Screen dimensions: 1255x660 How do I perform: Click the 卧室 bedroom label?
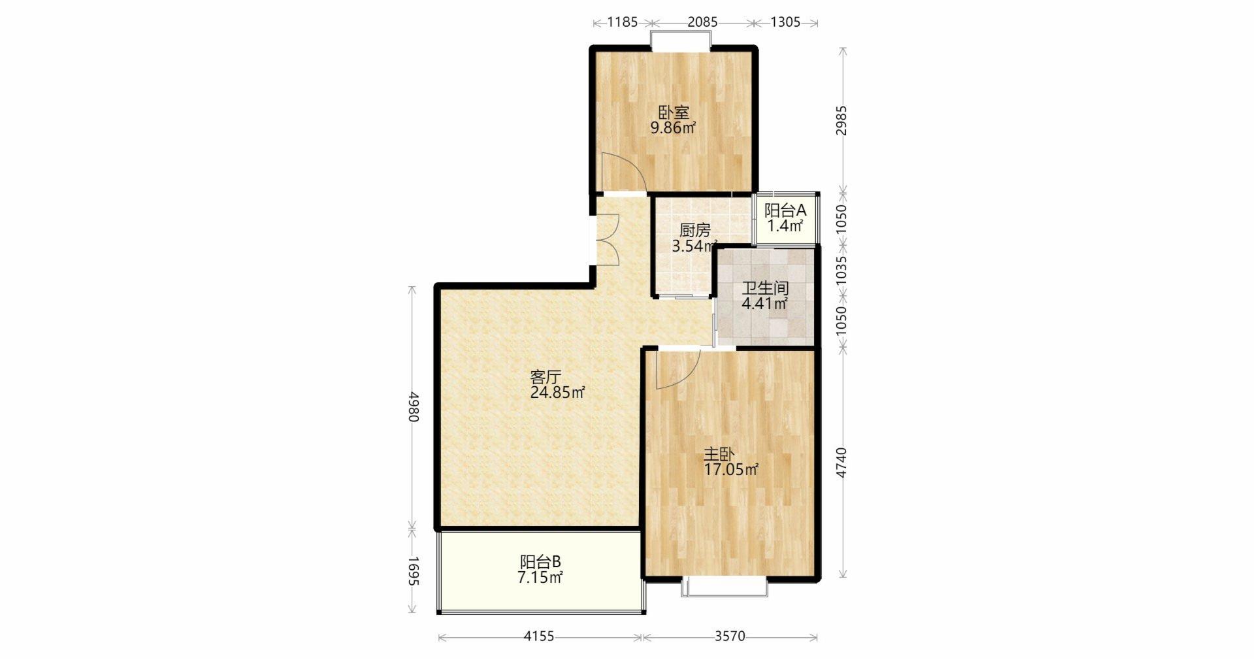pos(673,113)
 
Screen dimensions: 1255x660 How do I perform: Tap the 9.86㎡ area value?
pos(673,128)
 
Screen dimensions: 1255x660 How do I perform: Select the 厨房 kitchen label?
pos(694,231)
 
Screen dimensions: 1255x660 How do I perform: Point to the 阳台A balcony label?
pos(785,211)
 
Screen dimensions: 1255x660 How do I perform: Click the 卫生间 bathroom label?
pos(765,288)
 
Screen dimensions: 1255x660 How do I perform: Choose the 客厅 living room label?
pos(546,377)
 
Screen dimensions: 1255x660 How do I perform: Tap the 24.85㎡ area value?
pos(557,393)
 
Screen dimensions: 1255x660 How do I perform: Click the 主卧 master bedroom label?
pos(719,454)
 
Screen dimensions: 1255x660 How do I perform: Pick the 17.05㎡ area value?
pos(731,470)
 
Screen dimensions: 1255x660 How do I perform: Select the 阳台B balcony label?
pos(541,562)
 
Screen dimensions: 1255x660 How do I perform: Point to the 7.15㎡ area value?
pos(541,578)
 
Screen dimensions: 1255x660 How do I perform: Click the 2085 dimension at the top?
pos(702,22)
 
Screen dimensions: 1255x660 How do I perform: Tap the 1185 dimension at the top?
pos(623,22)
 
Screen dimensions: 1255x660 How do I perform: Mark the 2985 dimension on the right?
pos(842,120)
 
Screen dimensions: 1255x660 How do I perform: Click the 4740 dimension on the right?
pos(842,463)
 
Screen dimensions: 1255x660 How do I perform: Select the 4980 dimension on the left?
pos(413,406)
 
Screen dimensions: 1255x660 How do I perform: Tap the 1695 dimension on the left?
pos(413,571)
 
